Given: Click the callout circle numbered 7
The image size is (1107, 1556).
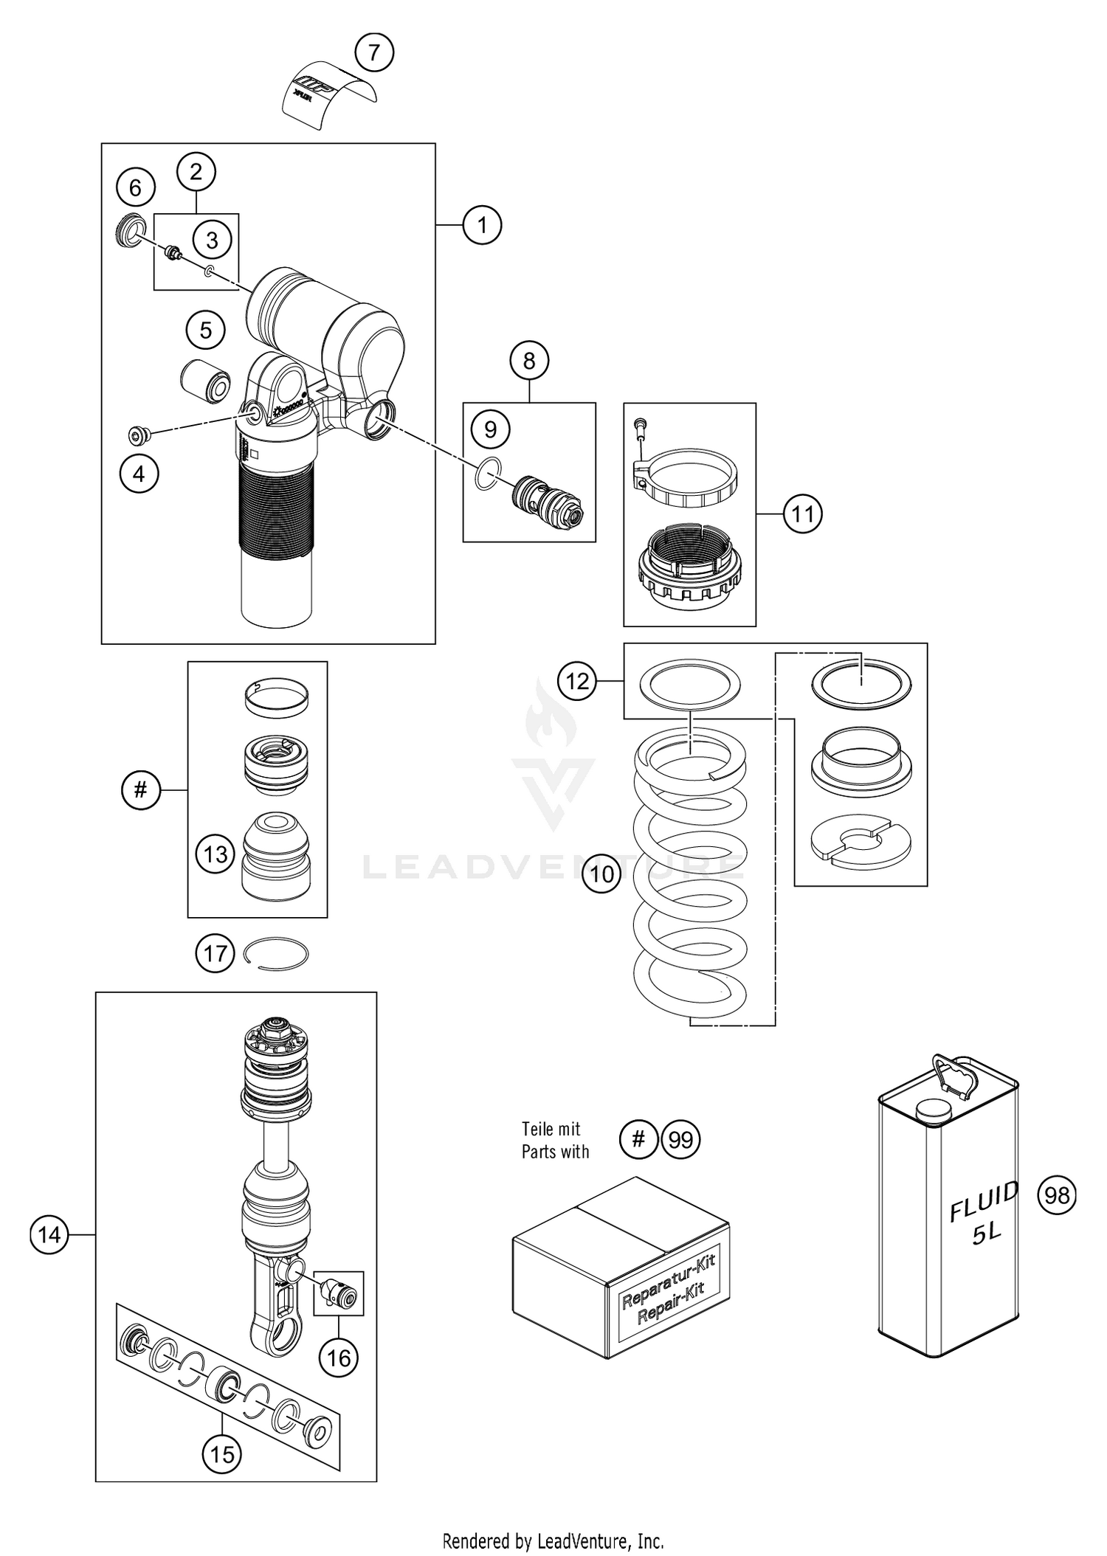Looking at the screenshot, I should (374, 52).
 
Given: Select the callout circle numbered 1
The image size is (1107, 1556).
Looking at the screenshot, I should (482, 224).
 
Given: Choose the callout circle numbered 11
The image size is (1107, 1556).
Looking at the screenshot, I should (802, 513).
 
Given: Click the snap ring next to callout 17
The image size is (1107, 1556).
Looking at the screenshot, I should (276, 953).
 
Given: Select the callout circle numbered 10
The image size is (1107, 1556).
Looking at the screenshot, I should (601, 874).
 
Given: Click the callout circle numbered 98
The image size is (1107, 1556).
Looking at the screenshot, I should (1057, 1194).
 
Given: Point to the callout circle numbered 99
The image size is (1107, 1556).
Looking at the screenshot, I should (680, 1140).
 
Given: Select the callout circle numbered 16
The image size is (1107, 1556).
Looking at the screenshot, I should (339, 1358).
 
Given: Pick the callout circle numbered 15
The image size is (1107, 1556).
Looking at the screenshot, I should (222, 1454).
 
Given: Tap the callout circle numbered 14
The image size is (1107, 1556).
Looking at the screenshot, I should (49, 1234).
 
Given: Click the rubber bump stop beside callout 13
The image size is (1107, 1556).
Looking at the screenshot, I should (276, 856).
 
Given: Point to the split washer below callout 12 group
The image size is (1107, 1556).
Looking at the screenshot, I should (861, 841).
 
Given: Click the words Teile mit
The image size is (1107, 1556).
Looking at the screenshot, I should (551, 1129).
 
